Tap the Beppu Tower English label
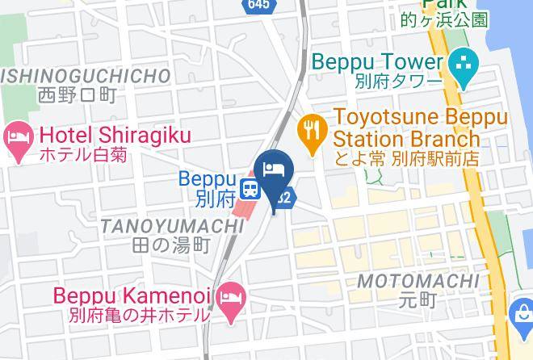pos(377,62)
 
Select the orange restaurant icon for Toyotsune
pos(309,127)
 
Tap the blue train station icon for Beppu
pos(250,186)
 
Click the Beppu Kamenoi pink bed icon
pos(233,295)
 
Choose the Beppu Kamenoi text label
pos(134,295)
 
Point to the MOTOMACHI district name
pos(418,281)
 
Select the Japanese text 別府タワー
pos(399,82)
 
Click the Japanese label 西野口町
pos(77,95)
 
